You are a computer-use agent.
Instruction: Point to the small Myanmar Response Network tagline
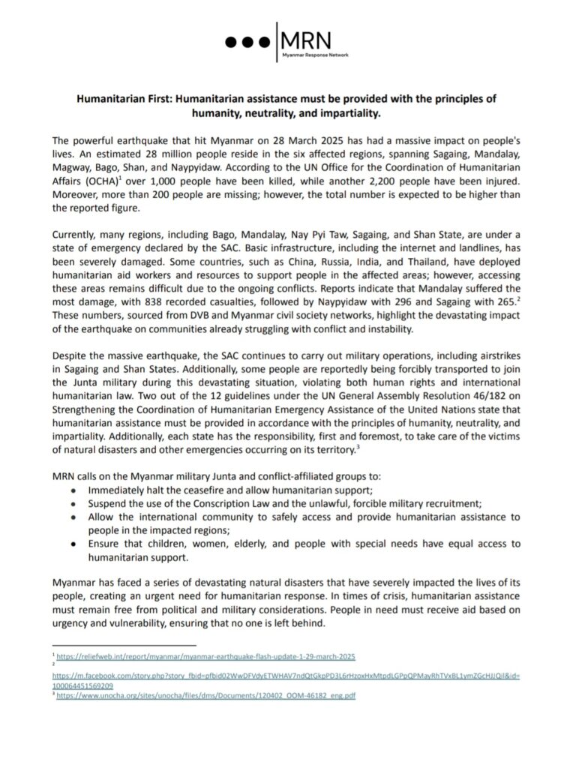(314, 56)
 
